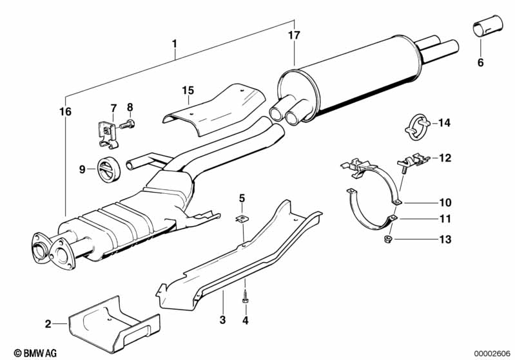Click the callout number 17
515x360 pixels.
[294, 35]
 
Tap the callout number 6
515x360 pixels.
[480, 62]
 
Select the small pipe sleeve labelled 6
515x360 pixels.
[487, 25]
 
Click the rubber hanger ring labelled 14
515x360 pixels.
[416, 127]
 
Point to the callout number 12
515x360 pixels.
[445, 158]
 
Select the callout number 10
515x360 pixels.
[445, 202]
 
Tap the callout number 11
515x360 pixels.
[445, 218]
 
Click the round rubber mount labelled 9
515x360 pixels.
[109, 170]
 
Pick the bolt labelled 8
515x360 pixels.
[127, 125]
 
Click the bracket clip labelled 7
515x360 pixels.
[108, 135]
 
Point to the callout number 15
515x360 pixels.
[188, 90]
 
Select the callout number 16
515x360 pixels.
[65, 111]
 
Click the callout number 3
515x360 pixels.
[222, 319]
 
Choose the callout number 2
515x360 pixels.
[48, 324]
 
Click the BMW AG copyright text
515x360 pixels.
[35, 353]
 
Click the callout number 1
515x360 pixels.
[175, 44]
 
